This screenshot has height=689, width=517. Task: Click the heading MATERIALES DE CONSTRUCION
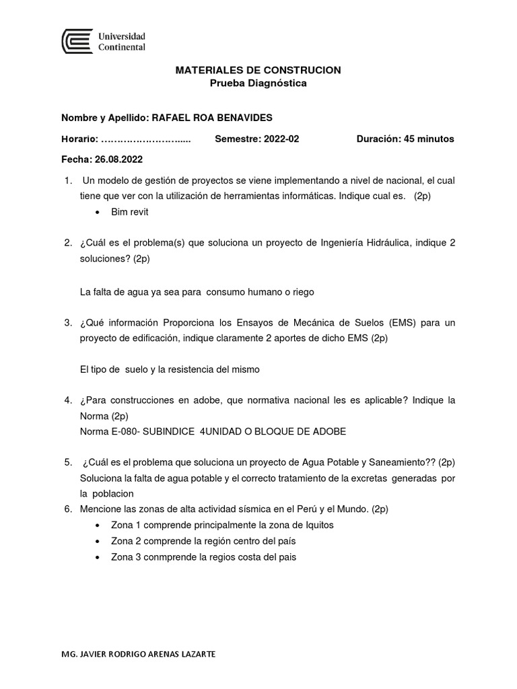[x=258, y=70]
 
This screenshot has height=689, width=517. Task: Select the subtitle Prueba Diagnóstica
[x=258, y=83]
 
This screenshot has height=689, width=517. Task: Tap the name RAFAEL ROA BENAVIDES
[x=212, y=118]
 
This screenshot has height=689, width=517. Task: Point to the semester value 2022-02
[x=281, y=139]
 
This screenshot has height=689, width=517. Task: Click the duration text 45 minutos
[x=429, y=139]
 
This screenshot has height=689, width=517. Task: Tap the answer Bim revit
[x=129, y=212]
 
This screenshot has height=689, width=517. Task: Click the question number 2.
[x=67, y=242]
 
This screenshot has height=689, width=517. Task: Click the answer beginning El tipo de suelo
[x=169, y=370]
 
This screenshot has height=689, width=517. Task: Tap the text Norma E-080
[x=108, y=431]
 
